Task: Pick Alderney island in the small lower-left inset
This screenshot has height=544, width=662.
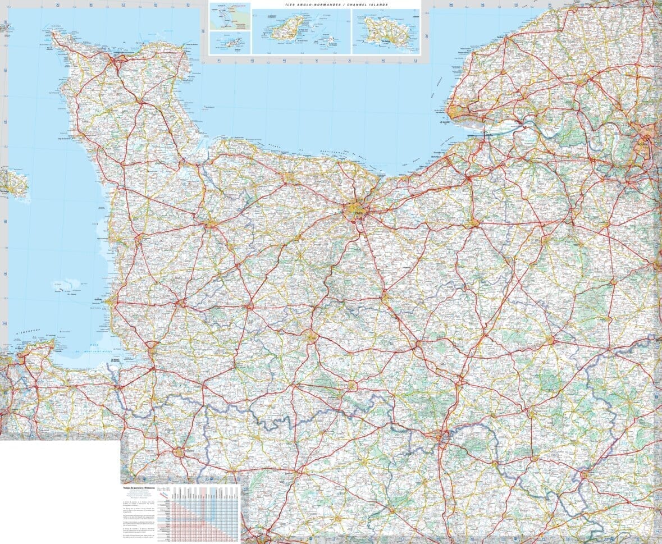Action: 229,43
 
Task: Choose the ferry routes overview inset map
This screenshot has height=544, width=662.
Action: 230,17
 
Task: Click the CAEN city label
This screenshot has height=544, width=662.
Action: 357,213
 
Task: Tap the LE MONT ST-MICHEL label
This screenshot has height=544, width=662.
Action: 116,360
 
